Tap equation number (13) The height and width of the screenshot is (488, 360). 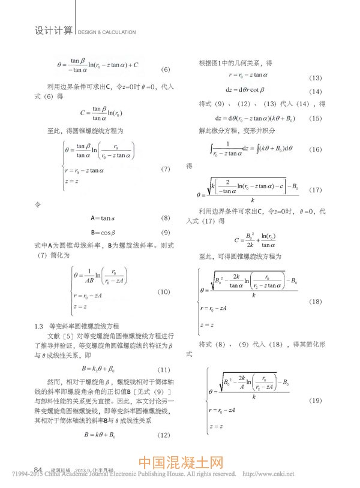(x=316, y=79)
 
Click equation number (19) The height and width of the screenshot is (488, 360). (x=316, y=400)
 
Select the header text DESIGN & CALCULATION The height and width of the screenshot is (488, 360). (x=107, y=32)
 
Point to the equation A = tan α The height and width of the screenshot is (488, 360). (x=104, y=218)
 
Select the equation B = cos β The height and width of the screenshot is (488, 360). (x=104, y=232)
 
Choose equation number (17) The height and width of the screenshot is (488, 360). (x=316, y=190)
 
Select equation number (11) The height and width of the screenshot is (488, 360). (x=164, y=369)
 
